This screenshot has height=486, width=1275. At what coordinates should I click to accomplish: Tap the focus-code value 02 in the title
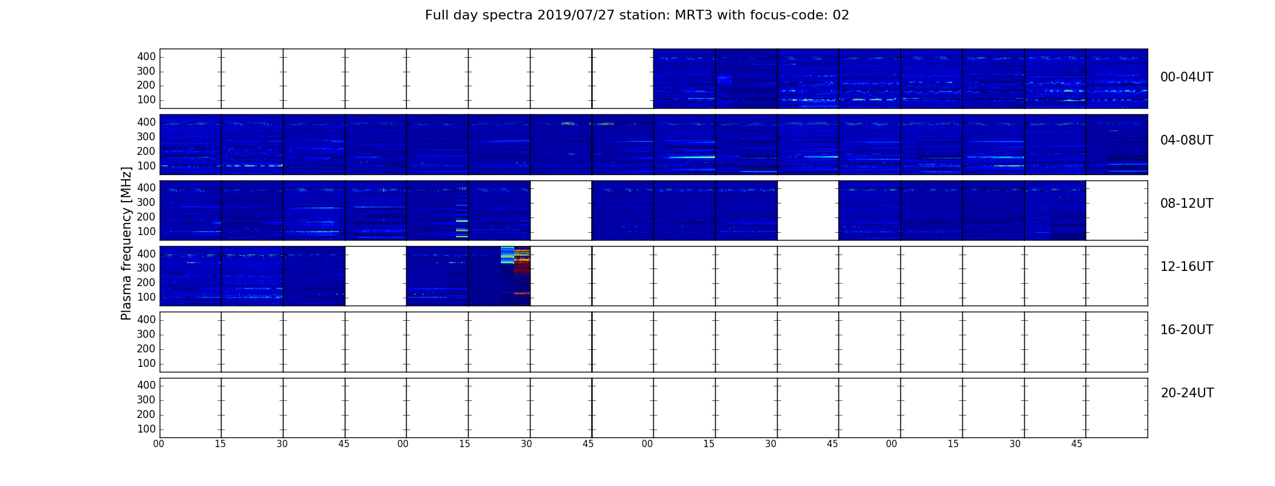tap(841, 15)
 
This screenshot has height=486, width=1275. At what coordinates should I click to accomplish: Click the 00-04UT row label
tap(1187, 77)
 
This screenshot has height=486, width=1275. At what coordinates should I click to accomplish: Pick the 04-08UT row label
tap(1187, 140)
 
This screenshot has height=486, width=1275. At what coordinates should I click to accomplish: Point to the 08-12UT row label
tap(1187, 204)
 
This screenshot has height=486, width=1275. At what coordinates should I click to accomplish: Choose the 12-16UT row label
tap(1187, 267)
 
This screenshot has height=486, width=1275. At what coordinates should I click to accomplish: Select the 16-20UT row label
tap(1187, 330)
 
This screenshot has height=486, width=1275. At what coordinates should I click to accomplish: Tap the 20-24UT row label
tap(1187, 393)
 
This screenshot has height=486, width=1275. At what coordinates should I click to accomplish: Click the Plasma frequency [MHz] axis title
tap(126, 243)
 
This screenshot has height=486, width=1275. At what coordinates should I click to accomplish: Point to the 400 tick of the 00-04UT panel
tap(146, 56)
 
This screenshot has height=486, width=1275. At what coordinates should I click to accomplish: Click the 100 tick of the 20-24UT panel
tap(146, 429)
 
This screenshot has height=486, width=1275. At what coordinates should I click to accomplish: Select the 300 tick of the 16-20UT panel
tap(146, 334)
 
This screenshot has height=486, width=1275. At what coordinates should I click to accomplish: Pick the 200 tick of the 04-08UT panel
tap(146, 151)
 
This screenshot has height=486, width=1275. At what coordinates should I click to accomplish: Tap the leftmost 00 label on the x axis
tap(158, 444)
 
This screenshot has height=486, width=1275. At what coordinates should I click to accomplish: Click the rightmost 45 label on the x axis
tap(1076, 444)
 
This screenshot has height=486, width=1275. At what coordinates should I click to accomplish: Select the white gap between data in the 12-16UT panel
tap(375, 276)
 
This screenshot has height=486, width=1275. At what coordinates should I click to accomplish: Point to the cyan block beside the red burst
tap(508, 255)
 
